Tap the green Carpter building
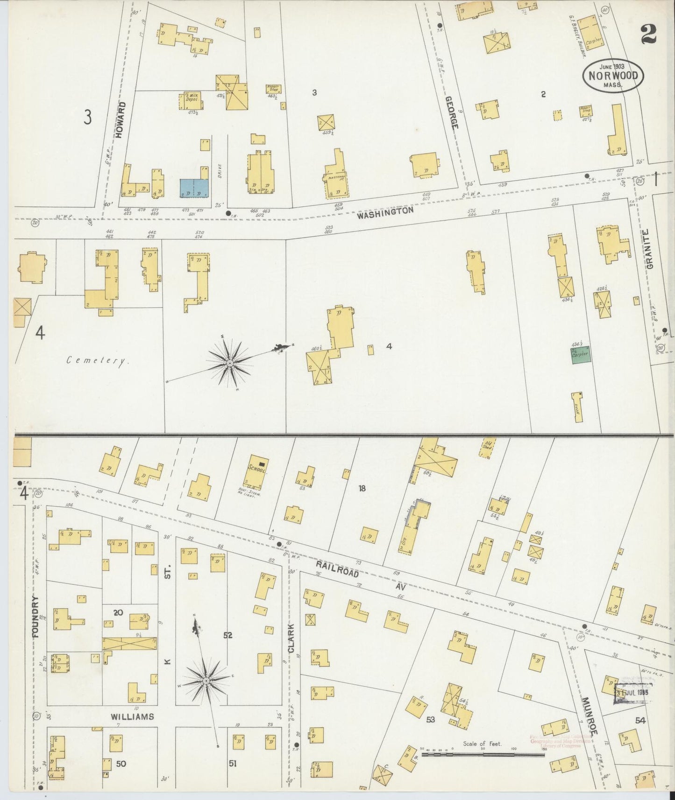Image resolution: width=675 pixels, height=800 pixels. click(580, 354)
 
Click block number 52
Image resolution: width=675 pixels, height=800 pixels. click(227, 635)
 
